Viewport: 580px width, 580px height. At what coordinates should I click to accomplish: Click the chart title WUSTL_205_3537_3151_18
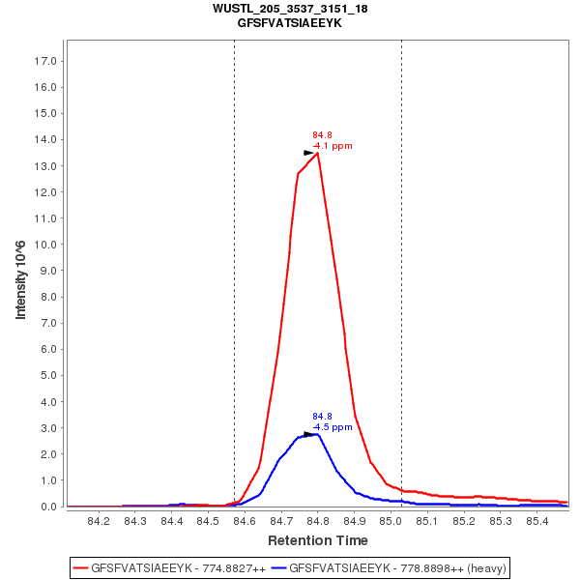click(x=290, y=9)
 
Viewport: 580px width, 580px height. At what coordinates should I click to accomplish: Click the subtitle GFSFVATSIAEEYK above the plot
click(x=290, y=22)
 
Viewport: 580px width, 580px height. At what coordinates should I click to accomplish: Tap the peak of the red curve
click(x=317, y=153)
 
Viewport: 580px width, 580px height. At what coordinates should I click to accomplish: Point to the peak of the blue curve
click(x=317, y=434)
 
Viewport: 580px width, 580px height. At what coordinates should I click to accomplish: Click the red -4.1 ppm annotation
click(x=333, y=146)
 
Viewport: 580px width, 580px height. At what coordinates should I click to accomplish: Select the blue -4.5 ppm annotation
click(x=333, y=426)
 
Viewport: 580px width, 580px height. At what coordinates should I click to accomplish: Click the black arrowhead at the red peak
click(x=309, y=153)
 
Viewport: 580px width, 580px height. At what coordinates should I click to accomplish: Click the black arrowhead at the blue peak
click(x=309, y=434)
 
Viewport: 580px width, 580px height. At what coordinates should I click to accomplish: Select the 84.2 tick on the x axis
click(x=98, y=522)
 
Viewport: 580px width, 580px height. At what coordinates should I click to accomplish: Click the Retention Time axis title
click(x=317, y=540)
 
